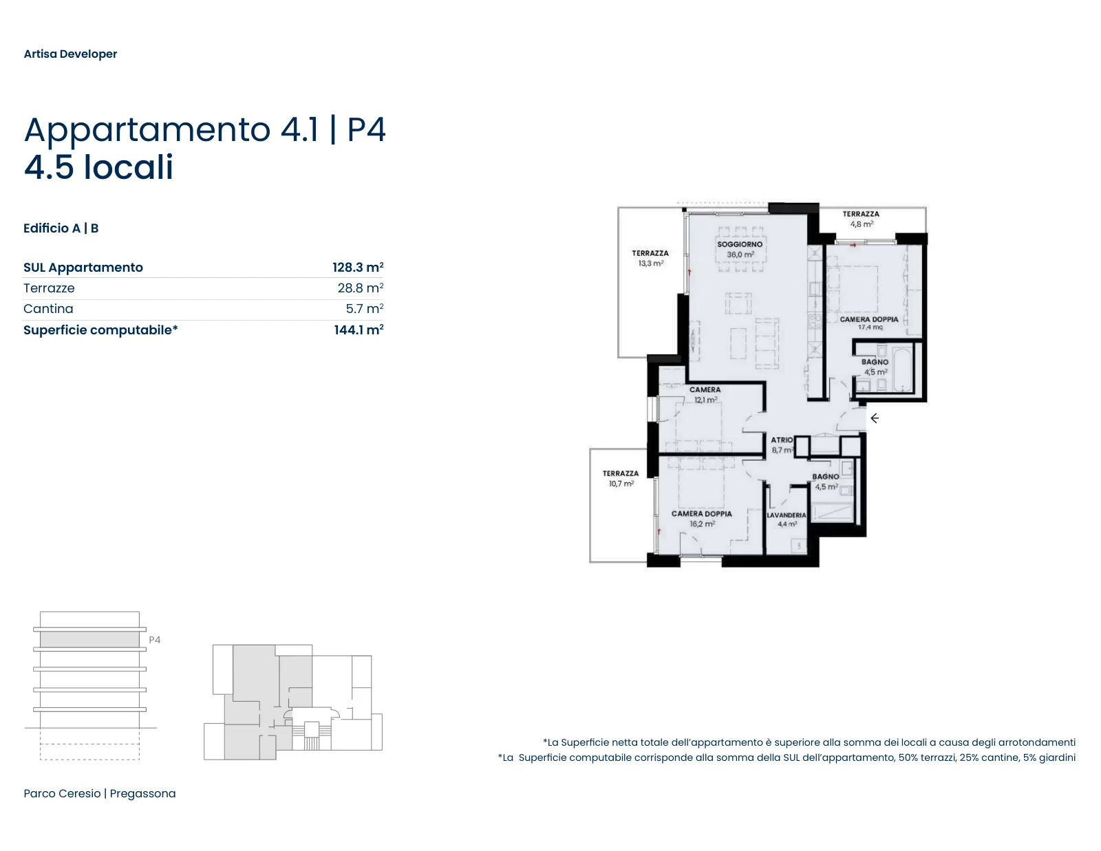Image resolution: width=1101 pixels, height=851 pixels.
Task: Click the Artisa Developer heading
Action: coord(70,54)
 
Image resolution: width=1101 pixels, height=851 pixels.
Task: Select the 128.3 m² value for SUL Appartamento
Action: coord(358,267)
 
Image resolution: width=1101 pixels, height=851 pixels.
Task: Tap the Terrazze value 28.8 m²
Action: coord(361,288)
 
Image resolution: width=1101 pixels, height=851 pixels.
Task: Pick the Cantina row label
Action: coord(48,308)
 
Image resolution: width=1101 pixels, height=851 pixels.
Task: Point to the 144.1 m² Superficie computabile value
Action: coord(359,330)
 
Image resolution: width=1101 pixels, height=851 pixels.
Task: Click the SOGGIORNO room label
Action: coord(740,244)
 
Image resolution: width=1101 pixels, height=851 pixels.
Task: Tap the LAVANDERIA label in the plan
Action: coord(786,515)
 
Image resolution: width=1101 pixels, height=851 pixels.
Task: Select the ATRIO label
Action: coord(782,440)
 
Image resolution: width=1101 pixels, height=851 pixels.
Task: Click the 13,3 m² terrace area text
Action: coord(650,263)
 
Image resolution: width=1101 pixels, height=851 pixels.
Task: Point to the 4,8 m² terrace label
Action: coord(862,224)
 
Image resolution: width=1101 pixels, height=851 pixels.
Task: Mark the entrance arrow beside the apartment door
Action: coord(875,418)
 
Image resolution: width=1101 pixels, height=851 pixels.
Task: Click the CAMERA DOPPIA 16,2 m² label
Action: coord(702,519)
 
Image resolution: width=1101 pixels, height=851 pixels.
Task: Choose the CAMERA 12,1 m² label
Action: coord(705,395)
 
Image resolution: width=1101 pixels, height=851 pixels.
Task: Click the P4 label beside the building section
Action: coord(155,640)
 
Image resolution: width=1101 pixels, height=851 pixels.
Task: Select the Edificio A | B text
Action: coord(61,228)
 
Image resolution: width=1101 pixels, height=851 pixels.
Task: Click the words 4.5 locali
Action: coord(98,167)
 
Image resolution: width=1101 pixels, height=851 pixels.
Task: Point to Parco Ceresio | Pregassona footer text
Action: coord(100,793)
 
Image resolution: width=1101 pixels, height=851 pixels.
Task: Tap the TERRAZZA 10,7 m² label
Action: coord(621,479)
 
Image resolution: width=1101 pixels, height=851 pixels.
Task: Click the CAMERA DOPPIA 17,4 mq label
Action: coord(869,323)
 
